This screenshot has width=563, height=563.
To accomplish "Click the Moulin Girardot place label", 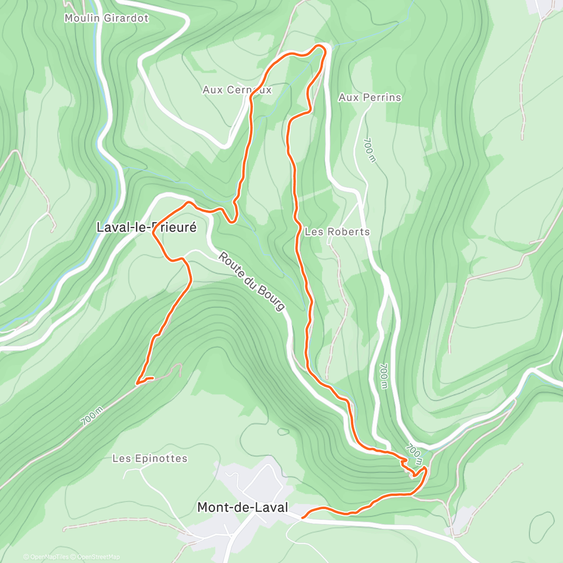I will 107,18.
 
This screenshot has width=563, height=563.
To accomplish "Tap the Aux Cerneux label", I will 237,90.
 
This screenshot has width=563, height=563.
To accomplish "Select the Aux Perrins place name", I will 370,98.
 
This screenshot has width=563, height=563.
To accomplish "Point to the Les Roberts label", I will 337,232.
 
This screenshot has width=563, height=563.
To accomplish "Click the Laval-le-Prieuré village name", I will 146,228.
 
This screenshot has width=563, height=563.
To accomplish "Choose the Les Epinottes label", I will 150,458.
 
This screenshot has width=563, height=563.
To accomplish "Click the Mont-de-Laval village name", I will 243,507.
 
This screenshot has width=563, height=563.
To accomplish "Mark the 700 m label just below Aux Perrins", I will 370,150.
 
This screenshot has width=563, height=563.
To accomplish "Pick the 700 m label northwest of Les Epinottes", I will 92,416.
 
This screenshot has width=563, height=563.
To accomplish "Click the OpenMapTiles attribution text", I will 49,557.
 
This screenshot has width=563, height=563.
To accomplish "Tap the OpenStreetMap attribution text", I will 99,557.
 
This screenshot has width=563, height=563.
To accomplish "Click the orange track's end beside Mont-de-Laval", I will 303,517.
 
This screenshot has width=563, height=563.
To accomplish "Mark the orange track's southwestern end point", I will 137,383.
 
